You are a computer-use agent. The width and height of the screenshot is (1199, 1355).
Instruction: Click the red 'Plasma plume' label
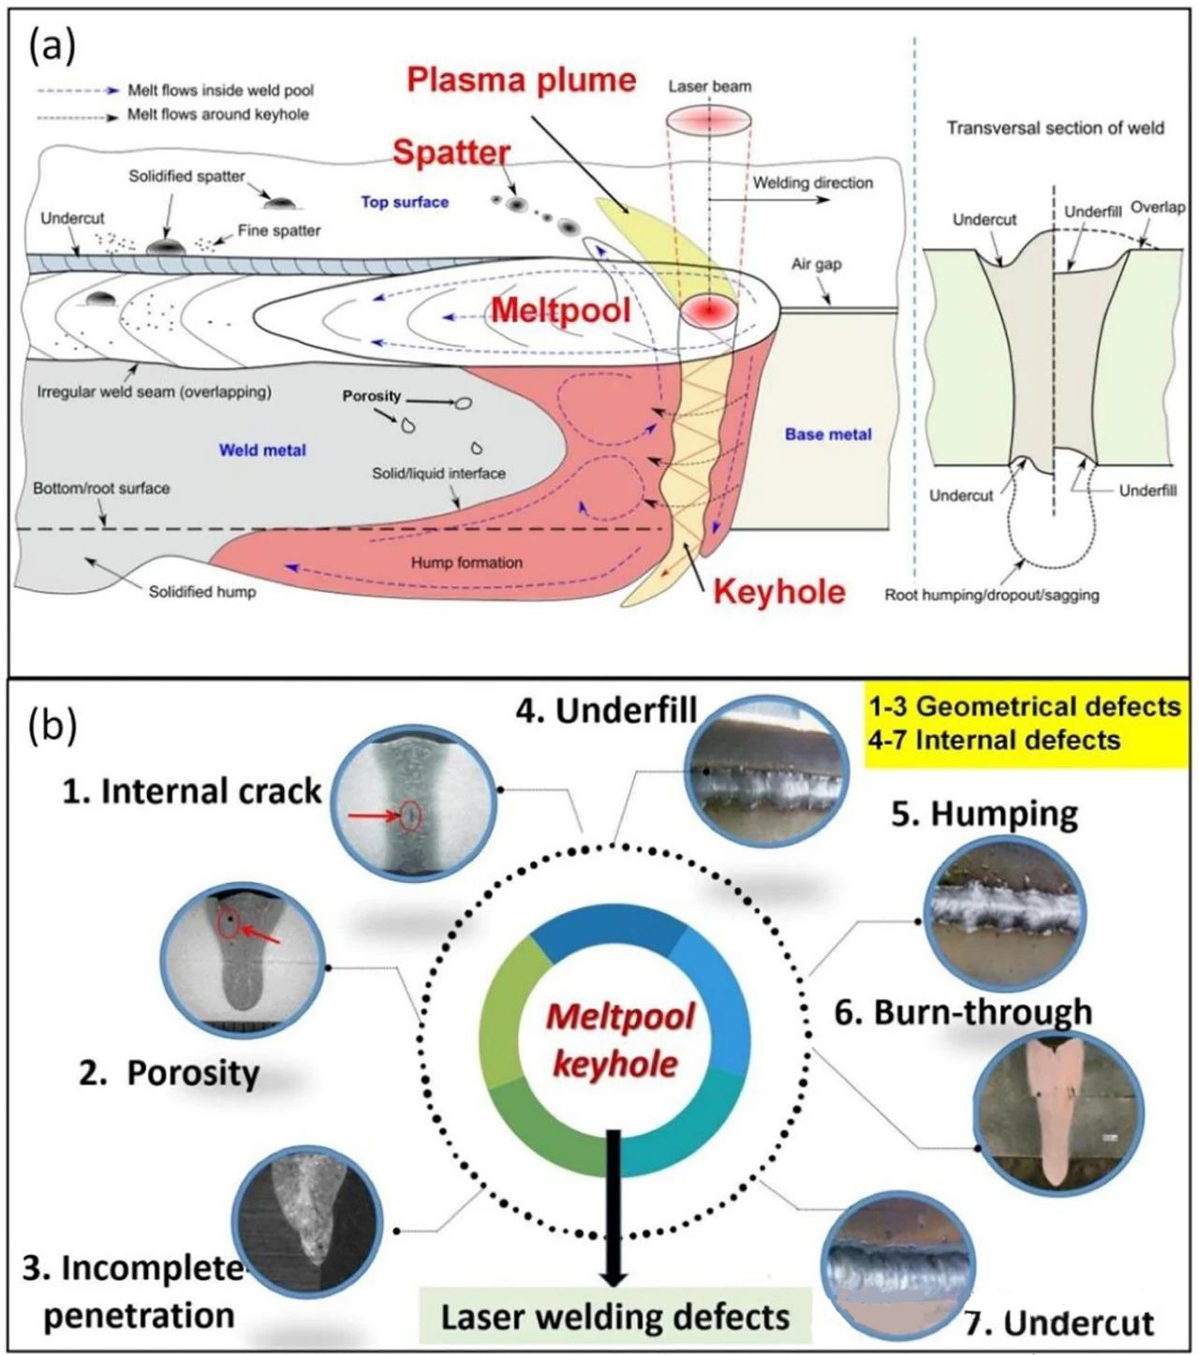[x=522, y=81]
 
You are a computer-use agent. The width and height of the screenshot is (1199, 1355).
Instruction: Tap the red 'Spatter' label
[x=451, y=153]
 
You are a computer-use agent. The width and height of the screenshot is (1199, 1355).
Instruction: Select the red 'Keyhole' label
[x=779, y=591]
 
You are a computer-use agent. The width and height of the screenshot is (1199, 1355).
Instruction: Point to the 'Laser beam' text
[x=709, y=86]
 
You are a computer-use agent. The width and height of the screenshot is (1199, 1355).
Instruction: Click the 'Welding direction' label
[x=812, y=183]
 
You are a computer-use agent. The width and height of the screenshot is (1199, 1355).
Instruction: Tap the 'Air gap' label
[x=816, y=264]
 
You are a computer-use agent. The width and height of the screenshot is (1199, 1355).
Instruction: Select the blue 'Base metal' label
[x=828, y=434]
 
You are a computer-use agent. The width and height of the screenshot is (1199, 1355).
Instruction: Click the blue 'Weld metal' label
[x=262, y=449]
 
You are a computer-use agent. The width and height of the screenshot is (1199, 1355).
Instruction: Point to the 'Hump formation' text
[x=466, y=562]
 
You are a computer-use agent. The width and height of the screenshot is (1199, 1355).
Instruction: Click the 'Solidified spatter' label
[x=186, y=176]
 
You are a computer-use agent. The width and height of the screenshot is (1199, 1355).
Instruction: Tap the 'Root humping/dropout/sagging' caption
[x=992, y=595]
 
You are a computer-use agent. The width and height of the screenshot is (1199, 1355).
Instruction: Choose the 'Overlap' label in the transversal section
[x=1158, y=207]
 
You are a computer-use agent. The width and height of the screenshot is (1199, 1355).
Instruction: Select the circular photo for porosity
[x=244, y=964]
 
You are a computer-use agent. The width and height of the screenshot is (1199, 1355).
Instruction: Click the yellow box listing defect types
[x=1024, y=723]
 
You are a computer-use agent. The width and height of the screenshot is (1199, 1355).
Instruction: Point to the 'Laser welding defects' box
[x=615, y=1317]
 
